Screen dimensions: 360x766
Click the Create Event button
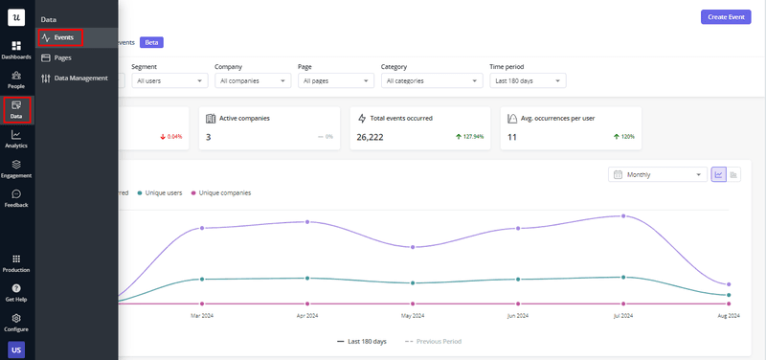(725, 17)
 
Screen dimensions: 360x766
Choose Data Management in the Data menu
(80, 78)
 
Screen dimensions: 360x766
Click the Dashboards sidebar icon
(16, 50)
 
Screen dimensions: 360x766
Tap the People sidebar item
(16, 79)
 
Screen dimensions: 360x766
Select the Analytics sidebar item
(16, 139)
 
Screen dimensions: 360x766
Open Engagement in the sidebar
(16, 169)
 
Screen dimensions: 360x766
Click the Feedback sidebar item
(16, 198)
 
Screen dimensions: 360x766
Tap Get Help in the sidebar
(16, 292)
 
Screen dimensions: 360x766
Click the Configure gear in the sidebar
(16, 322)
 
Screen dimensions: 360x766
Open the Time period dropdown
(526, 81)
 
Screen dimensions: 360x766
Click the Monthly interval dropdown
(658, 174)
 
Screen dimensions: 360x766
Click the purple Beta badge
(152, 42)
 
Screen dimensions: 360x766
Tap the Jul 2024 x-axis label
(623, 315)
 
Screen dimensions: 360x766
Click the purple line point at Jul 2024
(623, 216)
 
